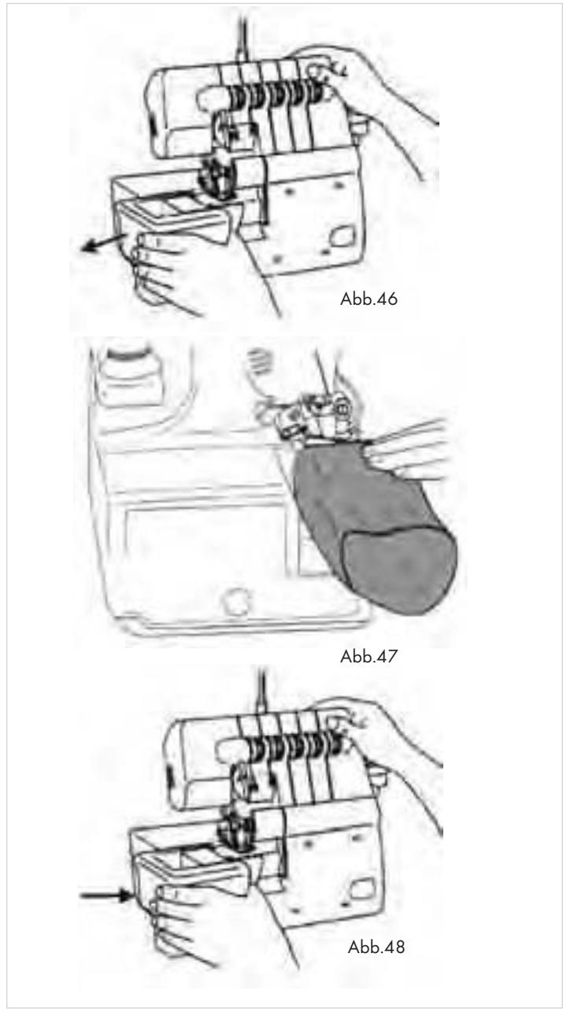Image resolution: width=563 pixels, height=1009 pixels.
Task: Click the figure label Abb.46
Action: click(369, 299)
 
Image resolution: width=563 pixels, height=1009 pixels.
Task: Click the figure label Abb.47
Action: click(369, 656)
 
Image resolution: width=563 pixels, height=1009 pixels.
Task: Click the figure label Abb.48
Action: click(376, 947)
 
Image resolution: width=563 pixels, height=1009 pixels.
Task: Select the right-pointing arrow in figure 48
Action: click(105, 895)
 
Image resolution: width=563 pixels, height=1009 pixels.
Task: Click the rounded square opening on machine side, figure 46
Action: click(342, 236)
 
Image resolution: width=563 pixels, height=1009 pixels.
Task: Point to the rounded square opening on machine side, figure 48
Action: click(362, 888)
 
